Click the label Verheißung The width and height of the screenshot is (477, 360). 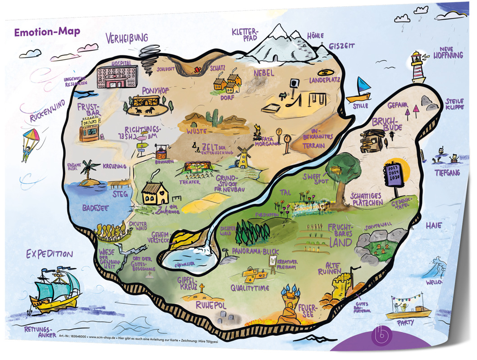coord(127,39)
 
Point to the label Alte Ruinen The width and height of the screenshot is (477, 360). coord(340,268)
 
